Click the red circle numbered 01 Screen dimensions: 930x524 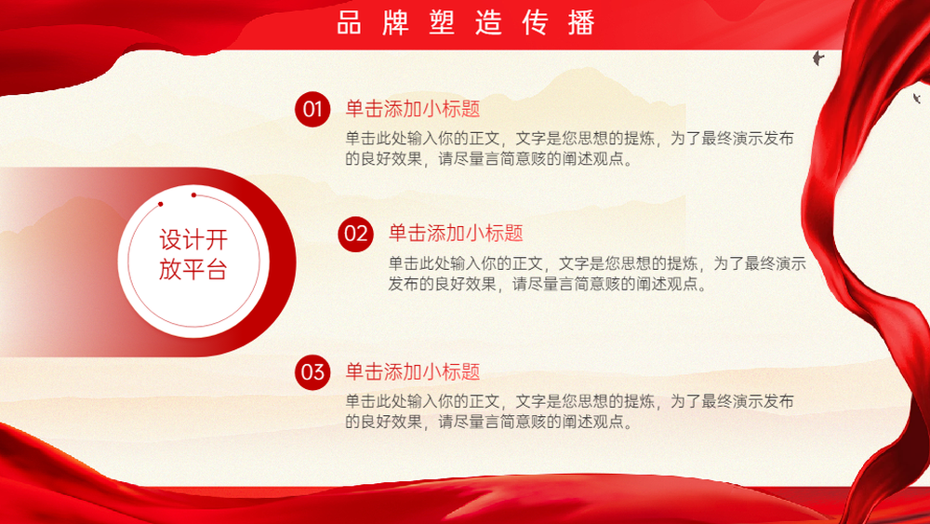click(x=312, y=109)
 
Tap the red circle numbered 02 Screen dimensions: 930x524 click(x=356, y=234)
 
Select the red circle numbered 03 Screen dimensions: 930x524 click(x=312, y=372)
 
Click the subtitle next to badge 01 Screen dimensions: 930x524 click(x=413, y=109)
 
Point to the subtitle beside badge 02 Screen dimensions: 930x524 click(x=456, y=234)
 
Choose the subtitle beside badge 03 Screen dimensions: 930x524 click(x=413, y=371)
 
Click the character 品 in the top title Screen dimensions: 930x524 click(x=349, y=22)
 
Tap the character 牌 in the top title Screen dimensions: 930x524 click(x=395, y=22)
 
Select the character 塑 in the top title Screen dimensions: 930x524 click(x=442, y=22)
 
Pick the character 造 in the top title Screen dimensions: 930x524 click(x=488, y=22)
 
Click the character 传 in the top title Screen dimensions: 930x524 click(x=535, y=22)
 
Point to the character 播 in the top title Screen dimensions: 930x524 click(x=581, y=22)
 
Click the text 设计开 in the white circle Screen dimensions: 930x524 click(x=193, y=240)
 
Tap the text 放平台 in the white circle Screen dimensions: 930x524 click(x=193, y=269)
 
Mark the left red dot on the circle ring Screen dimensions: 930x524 click(x=161, y=204)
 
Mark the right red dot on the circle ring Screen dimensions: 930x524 click(x=194, y=195)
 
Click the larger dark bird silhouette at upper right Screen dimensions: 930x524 click(x=818, y=58)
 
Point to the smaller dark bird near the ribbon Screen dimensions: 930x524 click(x=917, y=98)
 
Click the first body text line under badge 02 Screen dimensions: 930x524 click(x=597, y=263)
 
